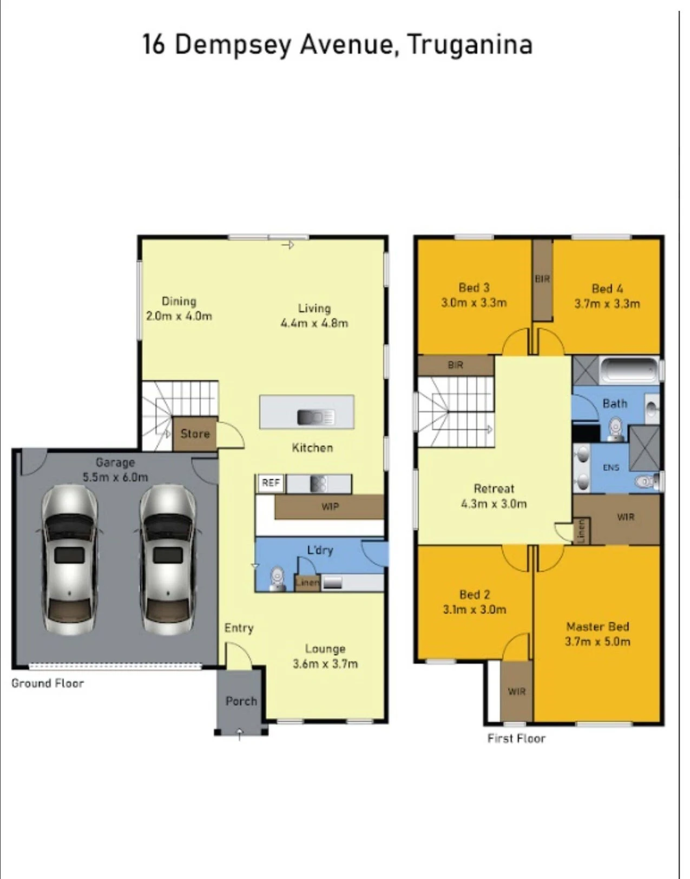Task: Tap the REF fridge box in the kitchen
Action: click(271, 484)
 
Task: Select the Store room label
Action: click(195, 434)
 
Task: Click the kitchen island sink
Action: click(316, 418)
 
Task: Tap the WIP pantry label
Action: click(330, 506)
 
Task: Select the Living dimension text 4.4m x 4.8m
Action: click(314, 323)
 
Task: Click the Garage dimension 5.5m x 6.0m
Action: click(115, 477)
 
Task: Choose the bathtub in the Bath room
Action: click(629, 371)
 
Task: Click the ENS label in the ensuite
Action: click(611, 467)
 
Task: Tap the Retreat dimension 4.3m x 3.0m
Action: click(494, 504)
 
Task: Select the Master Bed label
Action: click(597, 626)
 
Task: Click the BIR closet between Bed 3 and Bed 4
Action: click(542, 280)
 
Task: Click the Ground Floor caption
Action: click(48, 683)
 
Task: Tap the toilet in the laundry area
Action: click(277, 579)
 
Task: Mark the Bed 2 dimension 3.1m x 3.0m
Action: click(474, 610)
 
